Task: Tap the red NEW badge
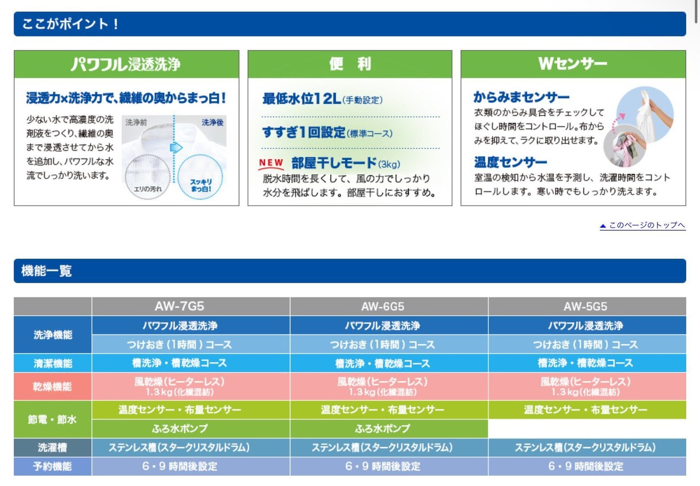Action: point(271,163)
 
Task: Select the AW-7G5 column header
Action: point(179,306)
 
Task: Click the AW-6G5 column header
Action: point(382,306)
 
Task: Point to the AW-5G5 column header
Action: point(585,306)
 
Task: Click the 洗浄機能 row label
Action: point(53,335)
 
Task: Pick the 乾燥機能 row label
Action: point(52,387)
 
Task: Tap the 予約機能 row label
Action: point(52,466)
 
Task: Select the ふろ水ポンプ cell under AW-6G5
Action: point(382,429)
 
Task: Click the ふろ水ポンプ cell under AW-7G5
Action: point(179,429)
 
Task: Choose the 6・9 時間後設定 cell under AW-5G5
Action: point(586,466)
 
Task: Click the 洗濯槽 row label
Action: point(52,448)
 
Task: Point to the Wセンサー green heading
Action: point(573,64)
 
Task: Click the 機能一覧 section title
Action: point(46,271)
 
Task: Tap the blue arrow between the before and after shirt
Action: point(176,148)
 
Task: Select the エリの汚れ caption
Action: point(148,189)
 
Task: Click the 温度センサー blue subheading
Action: point(510,162)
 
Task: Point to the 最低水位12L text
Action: point(301,99)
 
